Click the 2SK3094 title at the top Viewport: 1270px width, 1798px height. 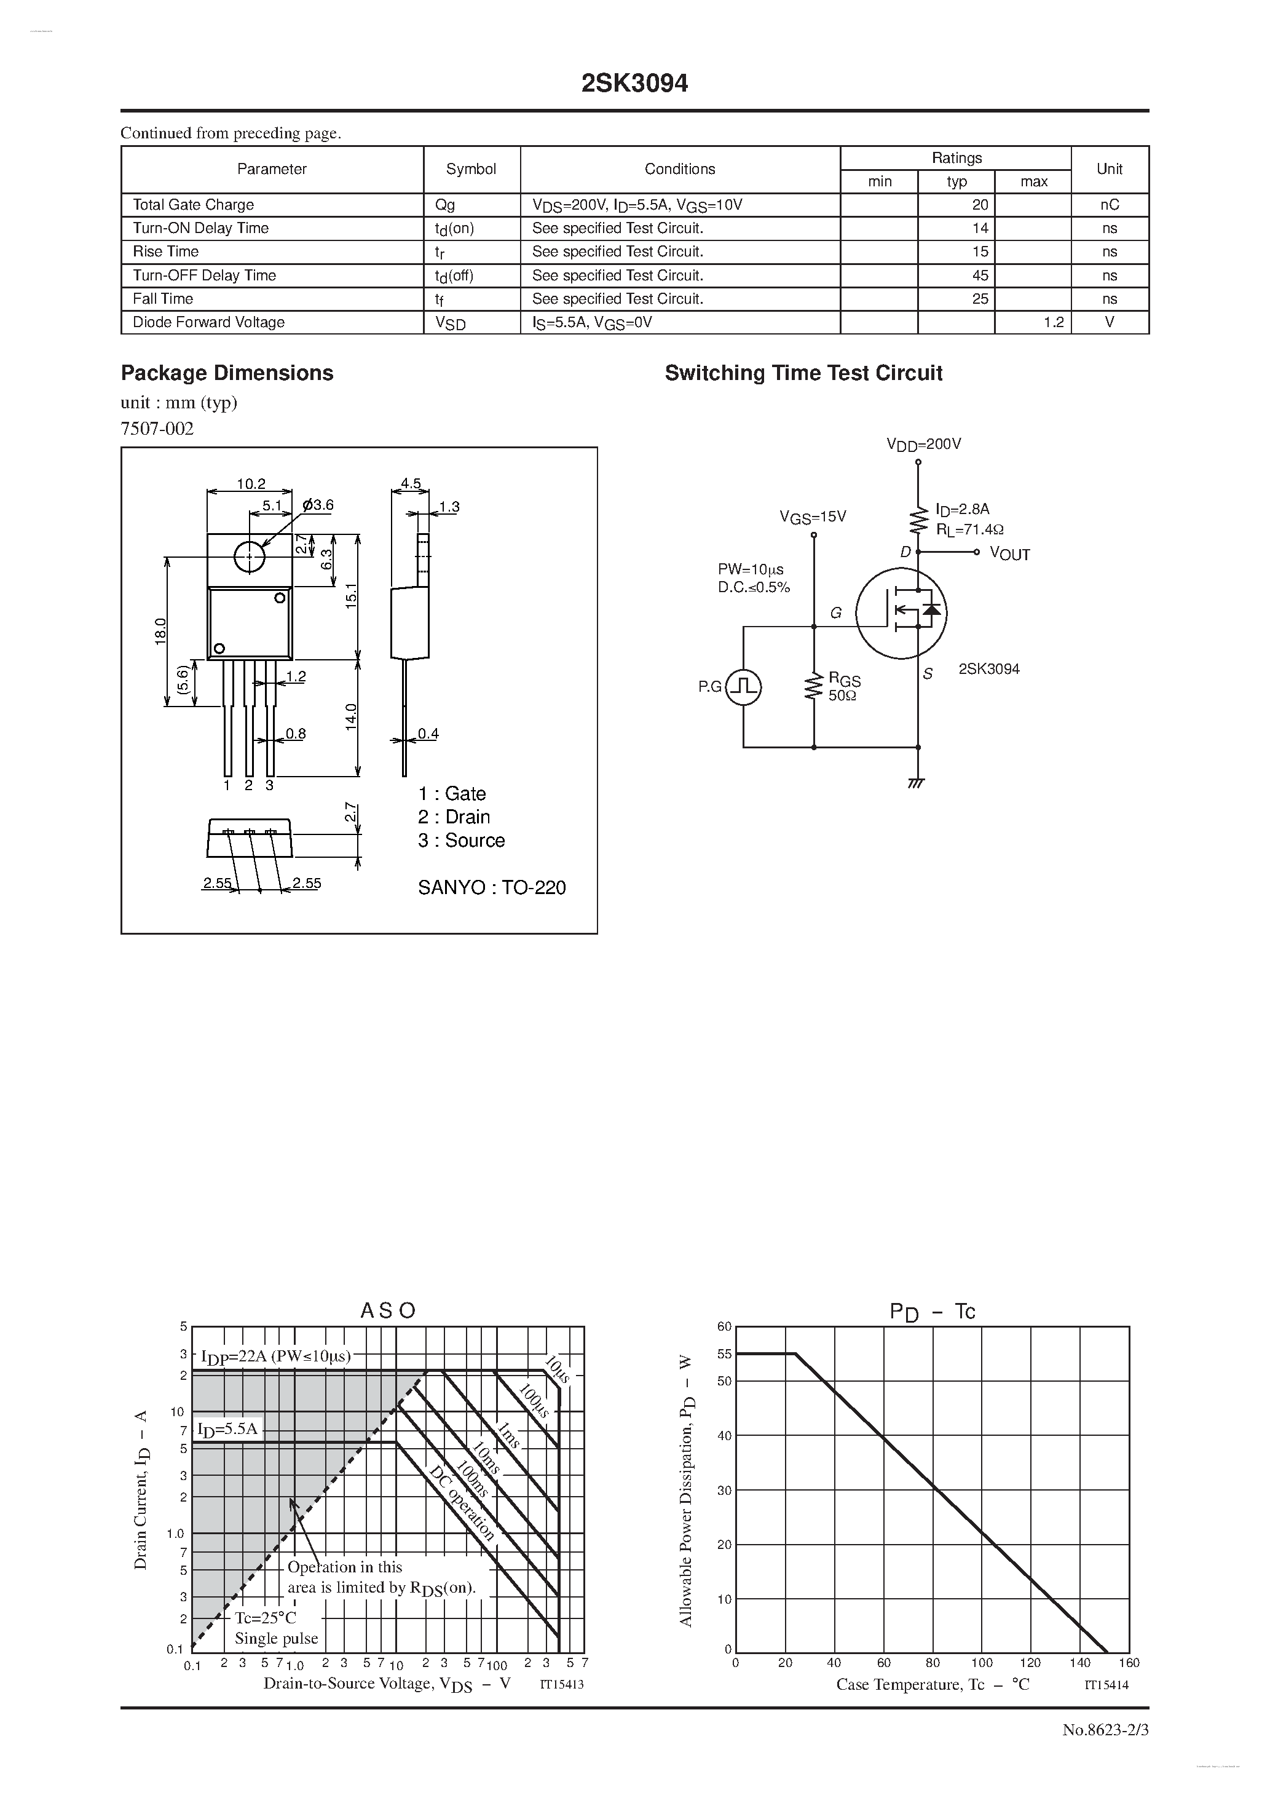pyautogui.click(x=634, y=84)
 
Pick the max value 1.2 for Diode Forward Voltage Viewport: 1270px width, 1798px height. pyautogui.click(x=1053, y=322)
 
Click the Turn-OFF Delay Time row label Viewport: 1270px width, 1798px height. pyautogui.click(x=204, y=275)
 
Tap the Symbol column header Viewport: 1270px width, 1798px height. pyautogui.click(x=471, y=169)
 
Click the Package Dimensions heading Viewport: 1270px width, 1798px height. pyautogui.click(x=226, y=373)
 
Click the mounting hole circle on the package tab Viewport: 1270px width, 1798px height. pyautogui.click(x=249, y=556)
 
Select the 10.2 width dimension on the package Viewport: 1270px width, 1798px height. pyautogui.click(x=251, y=484)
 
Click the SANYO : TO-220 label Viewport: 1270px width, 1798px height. pyautogui.click(x=491, y=887)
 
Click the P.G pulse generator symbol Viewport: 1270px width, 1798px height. pyautogui.click(x=743, y=687)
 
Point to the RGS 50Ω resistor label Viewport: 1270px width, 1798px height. pyautogui.click(x=843, y=687)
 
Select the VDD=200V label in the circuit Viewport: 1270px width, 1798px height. pyautogui.click(x=923, y=444)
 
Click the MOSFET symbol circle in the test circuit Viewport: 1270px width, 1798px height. pyautogui.click(x=901, y=612)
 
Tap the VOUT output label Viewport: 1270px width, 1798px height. pyautogui.click(x=1009, y=553)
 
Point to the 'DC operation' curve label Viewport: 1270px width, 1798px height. pyautogui.click(x=463, y=1503)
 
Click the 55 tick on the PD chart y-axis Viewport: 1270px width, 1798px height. pyautogui.click(x=724, y=1354)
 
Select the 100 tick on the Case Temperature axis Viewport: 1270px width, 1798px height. pyautogui.click(x=981, y=1663)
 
